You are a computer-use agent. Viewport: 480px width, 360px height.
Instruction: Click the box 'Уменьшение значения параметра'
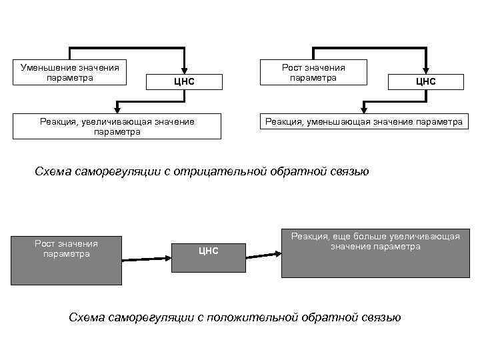[70, 72]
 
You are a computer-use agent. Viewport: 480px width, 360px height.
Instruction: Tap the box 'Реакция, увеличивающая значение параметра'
[117, 126]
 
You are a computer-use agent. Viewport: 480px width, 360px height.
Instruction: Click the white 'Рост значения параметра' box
[313, 72]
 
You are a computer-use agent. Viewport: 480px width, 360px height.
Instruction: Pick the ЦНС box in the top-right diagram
[425, 81]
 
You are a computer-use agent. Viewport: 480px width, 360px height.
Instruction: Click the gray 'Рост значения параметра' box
[66, 259]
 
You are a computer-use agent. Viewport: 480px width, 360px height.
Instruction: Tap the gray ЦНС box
[209, 251]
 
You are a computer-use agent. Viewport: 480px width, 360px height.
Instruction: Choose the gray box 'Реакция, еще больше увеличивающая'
[375, 253]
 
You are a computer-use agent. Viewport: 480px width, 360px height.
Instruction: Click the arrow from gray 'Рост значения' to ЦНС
[146, 258]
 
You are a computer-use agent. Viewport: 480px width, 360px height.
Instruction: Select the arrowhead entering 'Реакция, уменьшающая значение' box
[363, 107]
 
